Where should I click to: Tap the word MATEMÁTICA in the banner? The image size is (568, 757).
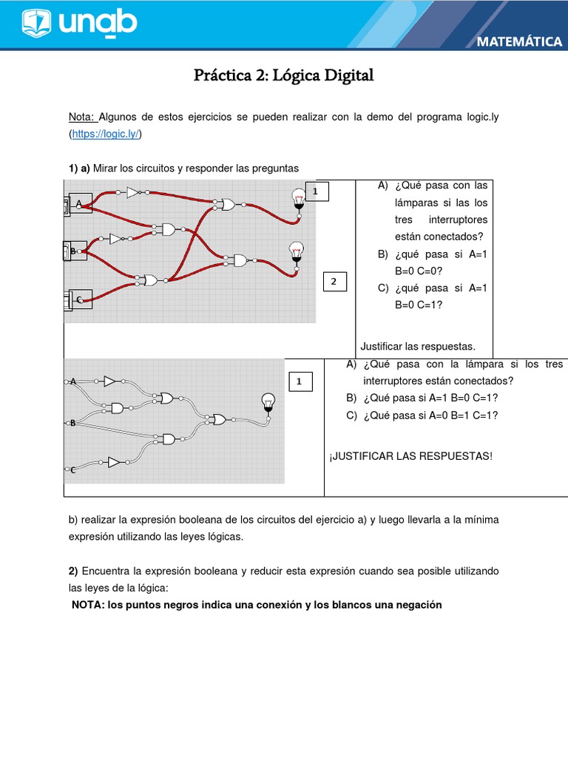(x=519, y=41)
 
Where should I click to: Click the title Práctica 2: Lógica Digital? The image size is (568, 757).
(x=284, y=75)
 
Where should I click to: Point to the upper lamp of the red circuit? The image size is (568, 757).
(x=298, y=198)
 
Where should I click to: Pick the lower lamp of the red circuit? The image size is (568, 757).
(x=296, y=251)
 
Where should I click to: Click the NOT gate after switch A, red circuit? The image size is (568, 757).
(x=133, y=192)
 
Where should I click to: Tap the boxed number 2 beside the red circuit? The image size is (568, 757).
(x=334, y=282)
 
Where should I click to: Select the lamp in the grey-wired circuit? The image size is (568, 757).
(x=268, y=402)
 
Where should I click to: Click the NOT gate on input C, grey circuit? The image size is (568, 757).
(x=112, y=462)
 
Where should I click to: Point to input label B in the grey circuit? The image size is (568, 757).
(x=73, y=423)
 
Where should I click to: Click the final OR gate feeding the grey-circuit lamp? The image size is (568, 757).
(x=219, y=419)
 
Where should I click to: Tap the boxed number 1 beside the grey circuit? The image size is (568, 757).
(x=299, y=381)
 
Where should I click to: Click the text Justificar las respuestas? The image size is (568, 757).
(x=417, y=346)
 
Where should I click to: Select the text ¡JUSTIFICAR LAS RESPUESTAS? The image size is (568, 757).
(x=410, y=455)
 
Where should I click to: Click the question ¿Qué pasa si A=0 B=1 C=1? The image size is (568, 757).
(x=430, y=415)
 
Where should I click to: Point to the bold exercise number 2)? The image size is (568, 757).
(x=73, y=571)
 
